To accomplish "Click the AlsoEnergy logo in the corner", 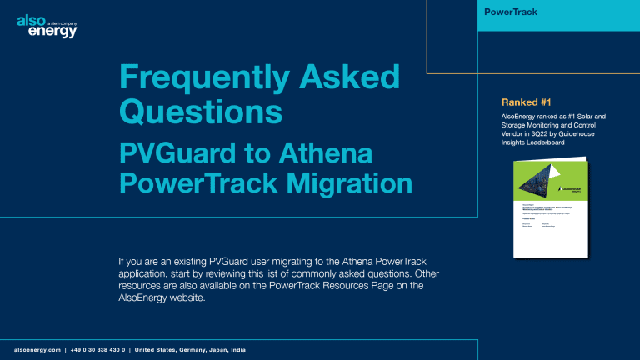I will click(47, 25).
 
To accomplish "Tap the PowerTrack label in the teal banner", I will click(513, 12).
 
